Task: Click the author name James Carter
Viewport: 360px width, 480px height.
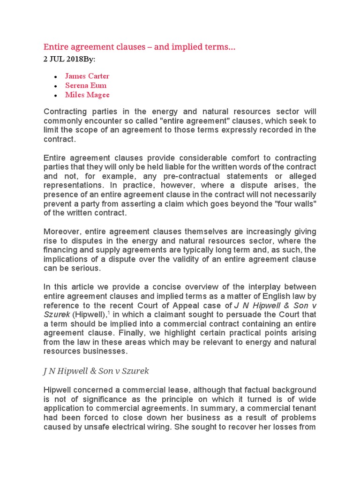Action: click(87, 76)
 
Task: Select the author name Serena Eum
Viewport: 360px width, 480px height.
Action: click(86, 85)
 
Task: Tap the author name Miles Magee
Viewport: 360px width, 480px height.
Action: click(87, 95)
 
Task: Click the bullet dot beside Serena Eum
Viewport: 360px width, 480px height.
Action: click(56, 86)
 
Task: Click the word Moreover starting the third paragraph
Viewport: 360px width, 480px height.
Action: click(61, 232)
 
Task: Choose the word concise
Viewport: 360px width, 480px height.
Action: click(162, 286)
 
